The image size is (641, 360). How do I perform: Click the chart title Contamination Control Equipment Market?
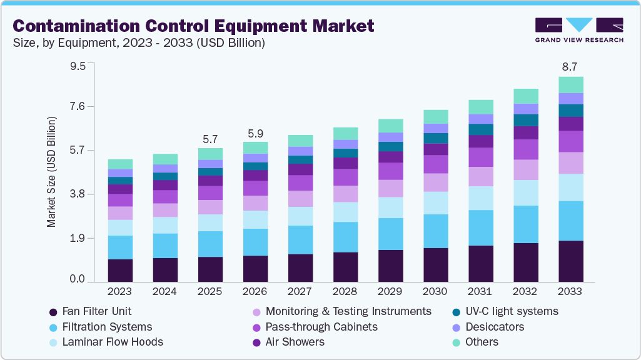193,26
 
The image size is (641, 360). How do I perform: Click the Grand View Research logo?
578,30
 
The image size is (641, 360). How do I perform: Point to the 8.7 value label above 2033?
570,66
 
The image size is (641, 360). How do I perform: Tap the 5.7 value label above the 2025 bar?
210,139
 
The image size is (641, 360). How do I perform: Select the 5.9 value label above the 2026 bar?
255,133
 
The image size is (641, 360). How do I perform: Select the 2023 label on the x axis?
120,292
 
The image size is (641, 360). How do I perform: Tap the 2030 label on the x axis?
435,292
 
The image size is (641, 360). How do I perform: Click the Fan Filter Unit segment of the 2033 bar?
571,261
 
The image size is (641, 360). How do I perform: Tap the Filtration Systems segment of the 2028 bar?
345,237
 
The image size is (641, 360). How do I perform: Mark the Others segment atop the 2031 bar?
480,107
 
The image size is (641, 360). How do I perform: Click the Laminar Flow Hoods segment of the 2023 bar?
120,227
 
